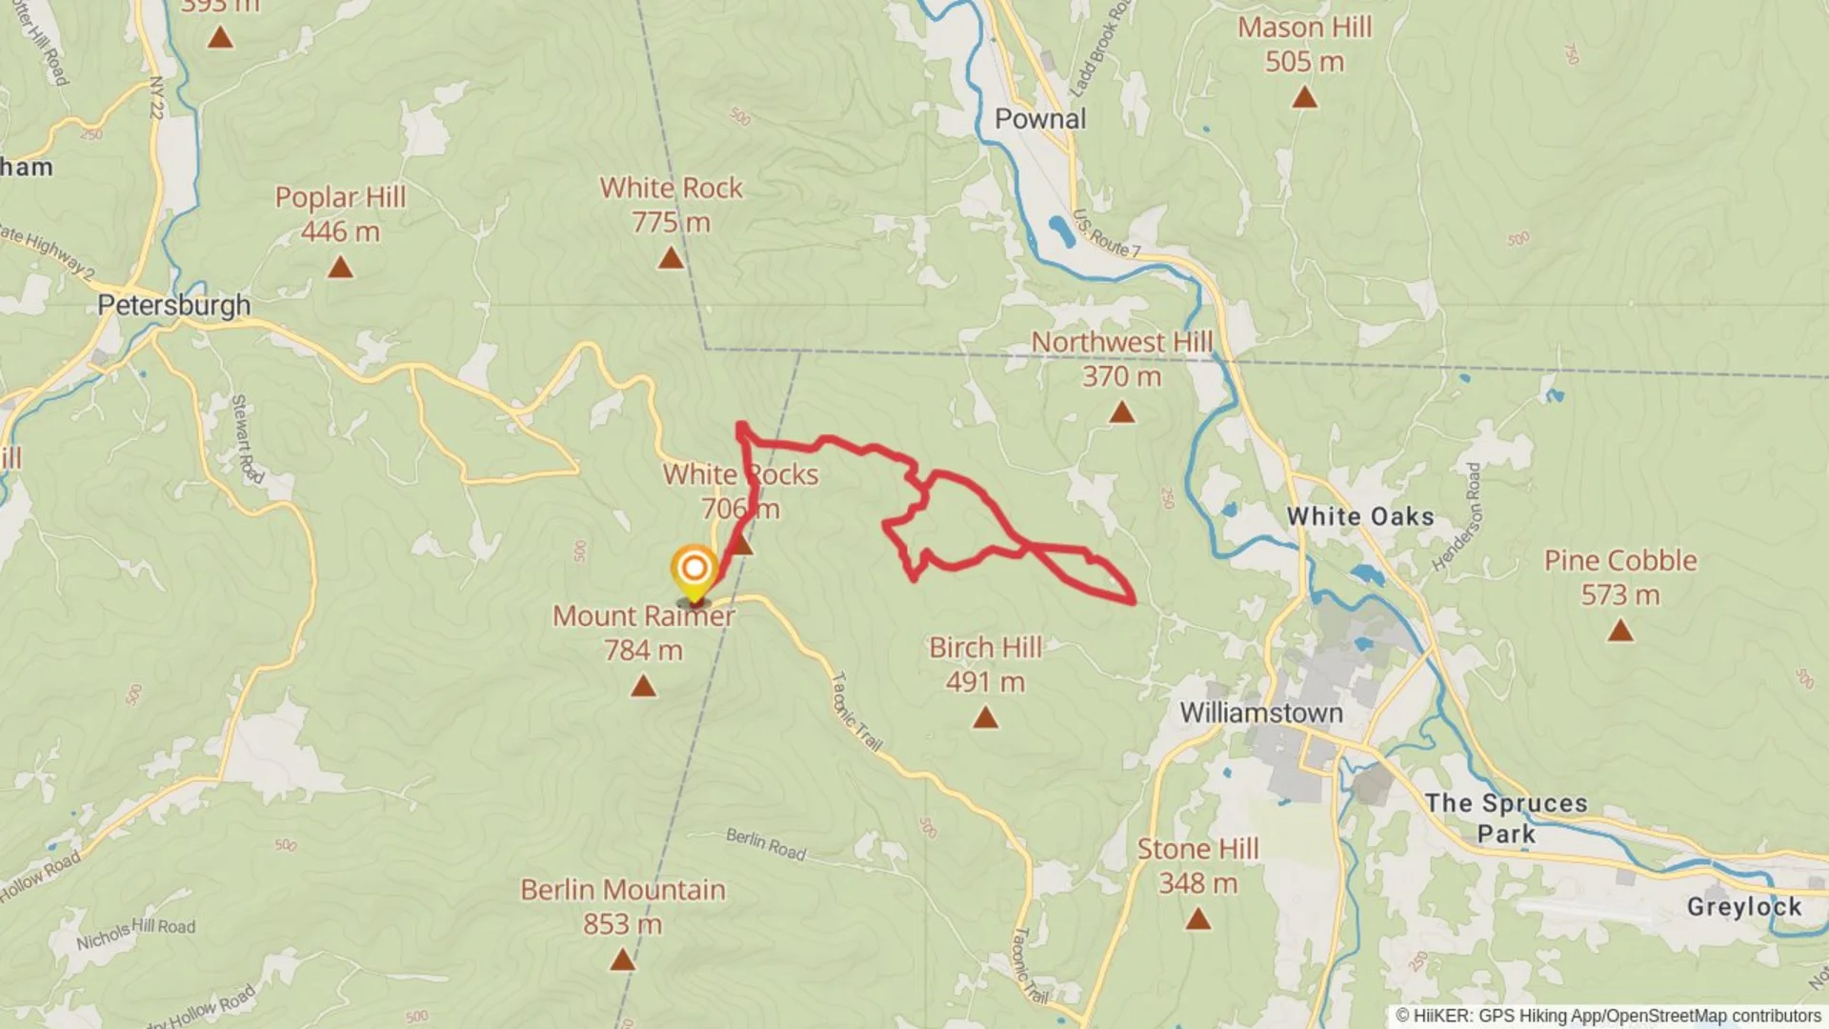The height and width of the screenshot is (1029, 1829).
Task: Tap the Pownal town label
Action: (1039, 119)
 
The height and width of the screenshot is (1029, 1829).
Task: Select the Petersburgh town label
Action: (174, 305)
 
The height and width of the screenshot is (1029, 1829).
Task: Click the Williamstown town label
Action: (1261, 713)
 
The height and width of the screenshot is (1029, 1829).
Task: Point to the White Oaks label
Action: (1360, 516)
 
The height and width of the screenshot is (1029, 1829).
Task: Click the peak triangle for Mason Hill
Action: (1304, 97)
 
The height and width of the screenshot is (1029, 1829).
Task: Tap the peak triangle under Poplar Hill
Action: (340, 269)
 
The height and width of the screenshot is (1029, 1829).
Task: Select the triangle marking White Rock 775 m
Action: (671, 258)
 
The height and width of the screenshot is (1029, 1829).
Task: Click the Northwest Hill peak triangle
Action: (1122, 413)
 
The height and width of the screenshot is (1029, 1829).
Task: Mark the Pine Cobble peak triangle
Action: (1620, 631)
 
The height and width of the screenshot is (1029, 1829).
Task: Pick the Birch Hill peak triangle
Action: (985, 717)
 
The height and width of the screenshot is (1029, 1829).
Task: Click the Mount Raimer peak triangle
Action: (643, 686)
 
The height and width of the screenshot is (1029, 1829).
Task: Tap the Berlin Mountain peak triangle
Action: (622, 960)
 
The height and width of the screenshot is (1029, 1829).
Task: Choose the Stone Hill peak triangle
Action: (1197, 919)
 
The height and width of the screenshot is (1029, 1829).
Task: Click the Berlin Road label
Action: (766, 844)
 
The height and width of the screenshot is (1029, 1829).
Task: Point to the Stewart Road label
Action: (247, 438)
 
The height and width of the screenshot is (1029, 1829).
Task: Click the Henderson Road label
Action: (1457, 517)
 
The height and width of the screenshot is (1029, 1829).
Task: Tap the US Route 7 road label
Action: (1106, 234)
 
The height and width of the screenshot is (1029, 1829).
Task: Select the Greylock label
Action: (1743, 907)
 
